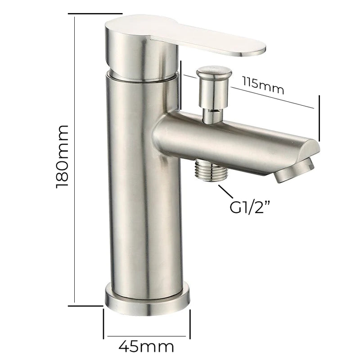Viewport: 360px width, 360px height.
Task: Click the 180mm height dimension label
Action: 62,157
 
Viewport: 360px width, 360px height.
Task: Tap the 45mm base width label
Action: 146,346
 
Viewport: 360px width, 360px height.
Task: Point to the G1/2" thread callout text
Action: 250,207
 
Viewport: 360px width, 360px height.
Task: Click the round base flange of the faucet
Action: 148,300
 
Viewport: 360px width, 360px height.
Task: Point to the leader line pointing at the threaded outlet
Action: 225,191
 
